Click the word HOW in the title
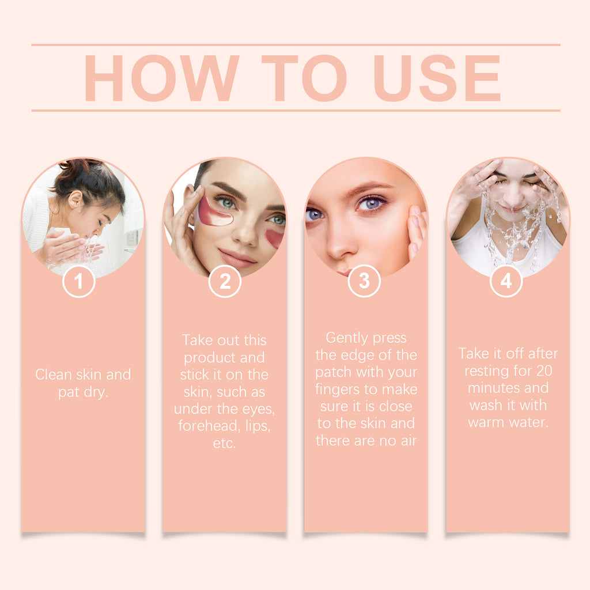pos(162,78)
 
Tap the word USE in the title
pos(437,78)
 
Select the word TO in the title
pos(304,78)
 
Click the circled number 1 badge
pos(78,281)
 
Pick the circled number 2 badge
pos(225,281)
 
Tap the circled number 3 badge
pos(364,281)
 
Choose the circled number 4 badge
pos(506,281)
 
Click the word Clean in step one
pos(54,375)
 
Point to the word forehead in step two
pos(209,426)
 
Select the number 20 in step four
pos(544,370)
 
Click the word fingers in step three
pos(339,389)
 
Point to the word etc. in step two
pos(224,443)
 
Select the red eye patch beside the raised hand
pos(214,212)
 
